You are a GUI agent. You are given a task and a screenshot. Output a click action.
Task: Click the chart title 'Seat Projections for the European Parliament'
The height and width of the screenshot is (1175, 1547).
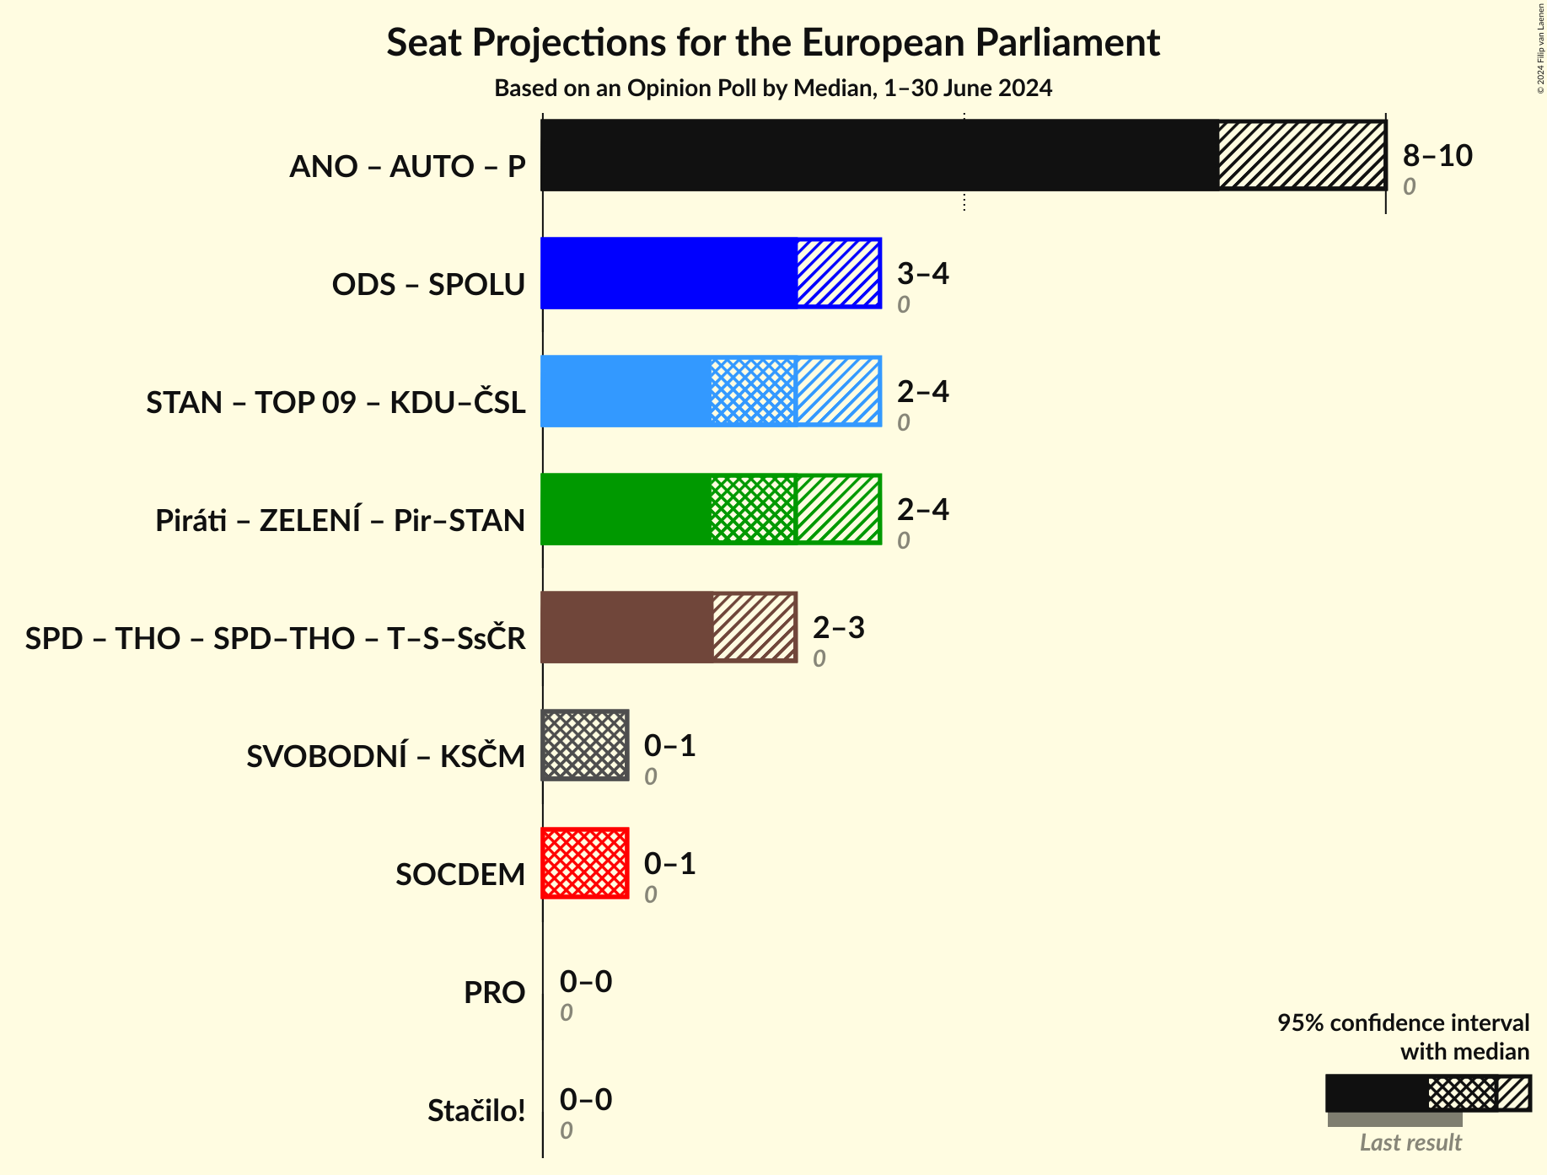point(773,43)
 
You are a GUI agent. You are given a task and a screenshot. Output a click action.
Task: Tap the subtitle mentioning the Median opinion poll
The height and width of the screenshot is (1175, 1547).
point(773,89)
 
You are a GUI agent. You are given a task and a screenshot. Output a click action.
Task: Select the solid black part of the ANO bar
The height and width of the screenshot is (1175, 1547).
point(879,155)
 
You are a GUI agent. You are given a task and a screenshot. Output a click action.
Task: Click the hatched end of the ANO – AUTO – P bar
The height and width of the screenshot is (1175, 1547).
point(1302,155)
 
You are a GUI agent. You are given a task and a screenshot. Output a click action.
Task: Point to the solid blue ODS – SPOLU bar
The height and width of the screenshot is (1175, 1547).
point(669,273)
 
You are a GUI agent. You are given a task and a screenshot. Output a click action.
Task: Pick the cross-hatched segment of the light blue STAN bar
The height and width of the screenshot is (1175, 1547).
point(753,391)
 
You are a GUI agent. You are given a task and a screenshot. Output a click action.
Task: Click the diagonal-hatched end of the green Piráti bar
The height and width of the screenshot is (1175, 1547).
point(838,509)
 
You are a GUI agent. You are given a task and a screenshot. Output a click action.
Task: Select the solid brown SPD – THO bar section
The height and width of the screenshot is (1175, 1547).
point(626,627)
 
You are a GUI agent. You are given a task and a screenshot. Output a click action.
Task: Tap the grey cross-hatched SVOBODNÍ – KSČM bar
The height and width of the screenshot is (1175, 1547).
point(585,745)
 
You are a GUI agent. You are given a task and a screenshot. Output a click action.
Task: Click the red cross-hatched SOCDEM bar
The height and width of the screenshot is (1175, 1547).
point(585,863)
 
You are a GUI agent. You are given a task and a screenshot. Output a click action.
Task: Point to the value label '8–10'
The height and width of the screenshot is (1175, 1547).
point(1437,155)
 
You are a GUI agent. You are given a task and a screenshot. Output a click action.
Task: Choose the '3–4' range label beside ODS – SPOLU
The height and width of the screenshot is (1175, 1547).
point(922,273)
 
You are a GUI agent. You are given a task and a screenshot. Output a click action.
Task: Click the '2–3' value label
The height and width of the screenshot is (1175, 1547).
point(838,627)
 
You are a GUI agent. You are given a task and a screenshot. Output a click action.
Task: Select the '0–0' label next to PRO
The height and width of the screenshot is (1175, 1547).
point(586,981)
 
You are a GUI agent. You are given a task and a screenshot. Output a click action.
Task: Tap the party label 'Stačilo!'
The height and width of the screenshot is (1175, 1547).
point(476,1111)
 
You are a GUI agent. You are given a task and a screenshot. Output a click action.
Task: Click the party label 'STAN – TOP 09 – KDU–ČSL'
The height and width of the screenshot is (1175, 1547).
point(336,402)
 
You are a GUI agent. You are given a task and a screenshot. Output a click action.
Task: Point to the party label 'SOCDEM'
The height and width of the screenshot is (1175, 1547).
point(460,874)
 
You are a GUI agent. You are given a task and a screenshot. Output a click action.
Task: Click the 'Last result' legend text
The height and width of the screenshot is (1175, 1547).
point(1410,1142)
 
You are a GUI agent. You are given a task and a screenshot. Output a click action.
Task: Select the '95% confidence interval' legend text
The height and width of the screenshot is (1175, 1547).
point(1403,1023)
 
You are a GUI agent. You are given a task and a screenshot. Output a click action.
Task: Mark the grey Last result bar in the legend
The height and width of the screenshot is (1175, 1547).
point(1394,1119)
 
